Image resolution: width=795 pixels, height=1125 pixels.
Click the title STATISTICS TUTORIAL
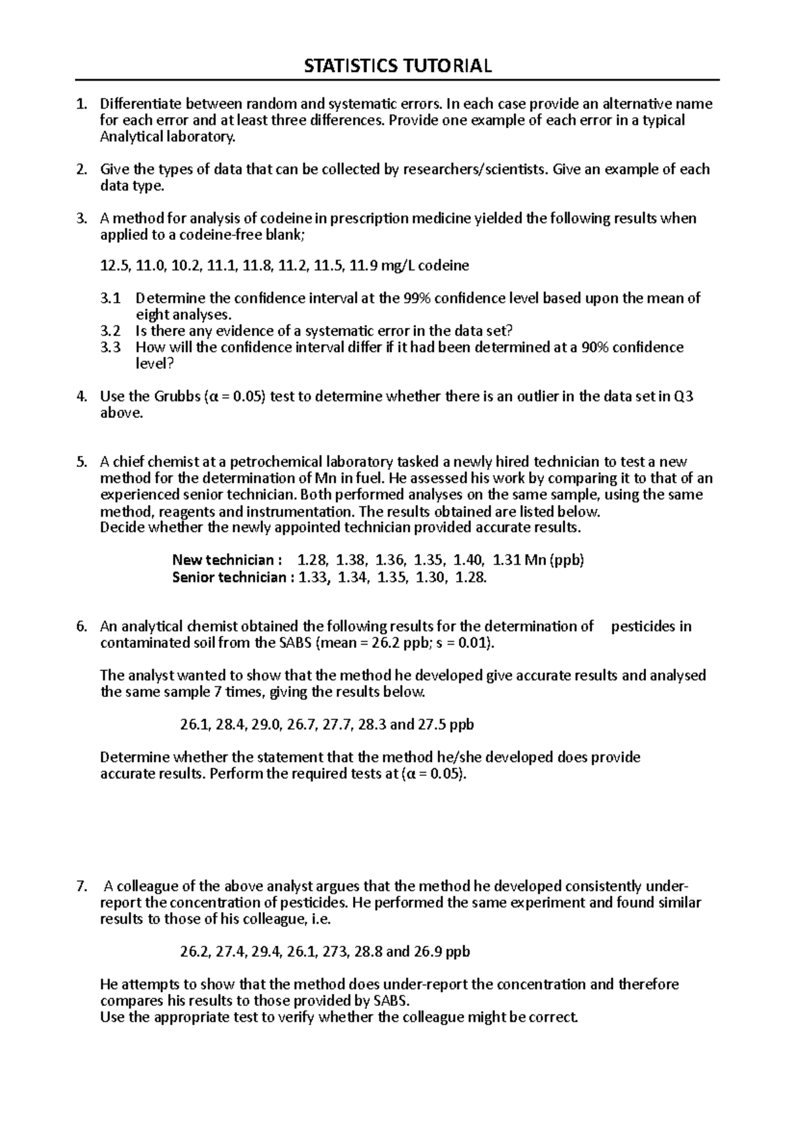point(397,66)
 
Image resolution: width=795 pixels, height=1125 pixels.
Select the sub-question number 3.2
point(111,331)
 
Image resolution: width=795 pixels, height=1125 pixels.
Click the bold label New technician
point(223,560)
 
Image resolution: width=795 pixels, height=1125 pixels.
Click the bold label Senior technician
point(229,577)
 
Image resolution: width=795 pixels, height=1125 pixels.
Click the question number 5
point(81,462)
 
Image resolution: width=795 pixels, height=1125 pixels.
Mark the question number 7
point(81,886)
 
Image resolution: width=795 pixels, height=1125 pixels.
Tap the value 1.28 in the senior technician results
point(471,577)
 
